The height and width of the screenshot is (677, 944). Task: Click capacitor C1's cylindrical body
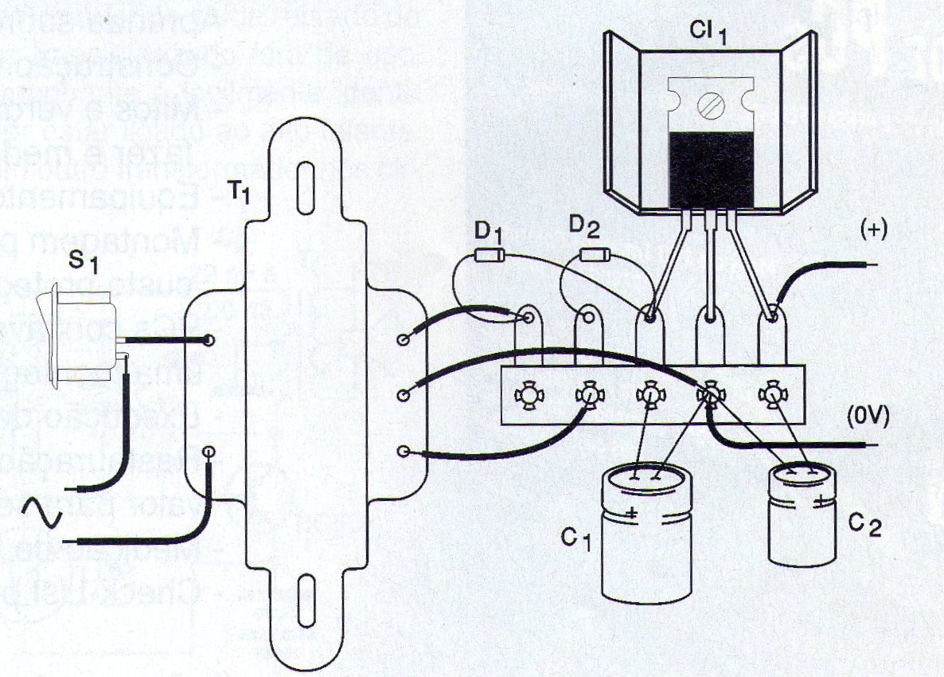point(643,534)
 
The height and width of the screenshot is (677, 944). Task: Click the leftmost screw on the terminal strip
point(526,393)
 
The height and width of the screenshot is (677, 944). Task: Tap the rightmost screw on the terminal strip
point(771,393)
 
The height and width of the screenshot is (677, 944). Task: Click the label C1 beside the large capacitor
point(577,542)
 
